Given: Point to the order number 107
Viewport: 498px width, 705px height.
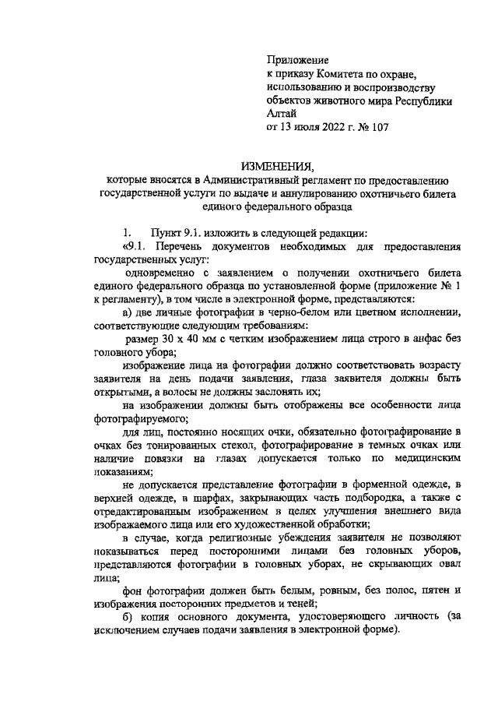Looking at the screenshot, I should (x=379, y=126).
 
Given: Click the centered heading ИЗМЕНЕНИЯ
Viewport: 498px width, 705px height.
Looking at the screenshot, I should (x=277, y=166).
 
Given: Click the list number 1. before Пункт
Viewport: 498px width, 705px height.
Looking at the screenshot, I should (x=128, y=234).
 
